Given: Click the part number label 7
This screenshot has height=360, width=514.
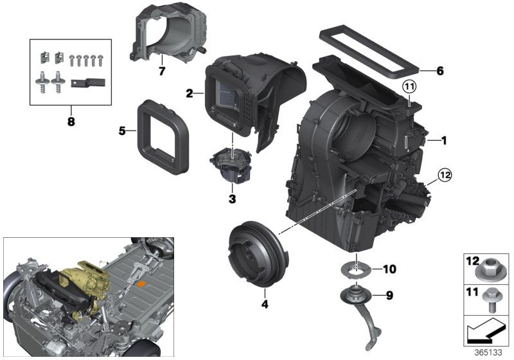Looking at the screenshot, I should click(x=162, y=69).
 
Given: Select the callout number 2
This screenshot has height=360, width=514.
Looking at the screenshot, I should click(x=189, y=94).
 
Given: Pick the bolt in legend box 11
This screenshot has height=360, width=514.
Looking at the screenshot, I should click(x=493, y=300).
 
